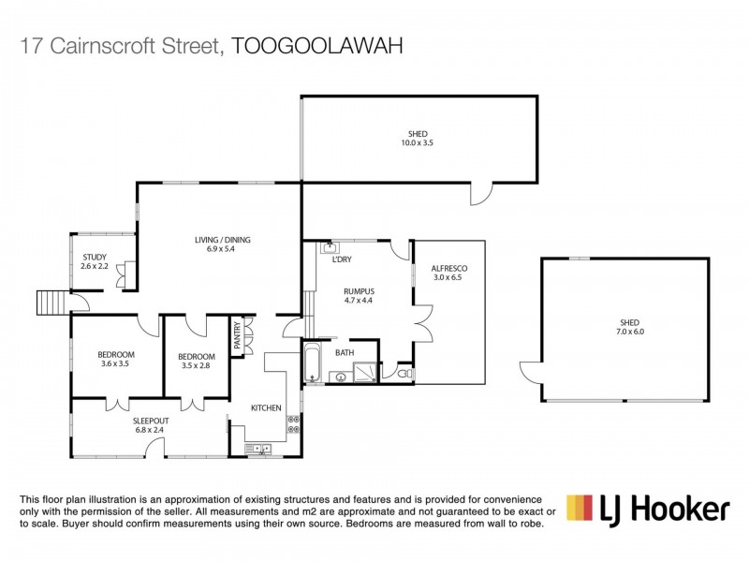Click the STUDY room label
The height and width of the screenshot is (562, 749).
click(x=95, y=257)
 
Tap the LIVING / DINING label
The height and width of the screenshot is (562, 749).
click(x=223, y=240)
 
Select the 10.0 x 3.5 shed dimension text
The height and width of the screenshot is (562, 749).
click(x=418, y=143)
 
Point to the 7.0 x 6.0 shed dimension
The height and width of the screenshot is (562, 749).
click(x=629, y=332)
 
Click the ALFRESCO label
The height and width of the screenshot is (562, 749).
click(x=450, y=269)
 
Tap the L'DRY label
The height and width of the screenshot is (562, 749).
click(x=342, y=259)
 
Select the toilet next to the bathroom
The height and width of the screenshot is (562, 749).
click(x=404, y=374)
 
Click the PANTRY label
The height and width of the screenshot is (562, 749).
click(x=238, y=334)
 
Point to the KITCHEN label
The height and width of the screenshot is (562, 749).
click(x=266, y=408)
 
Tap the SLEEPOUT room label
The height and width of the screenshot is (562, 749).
click(x=151, y=421)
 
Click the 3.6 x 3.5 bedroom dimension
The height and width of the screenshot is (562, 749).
click(x=117, y=363)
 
